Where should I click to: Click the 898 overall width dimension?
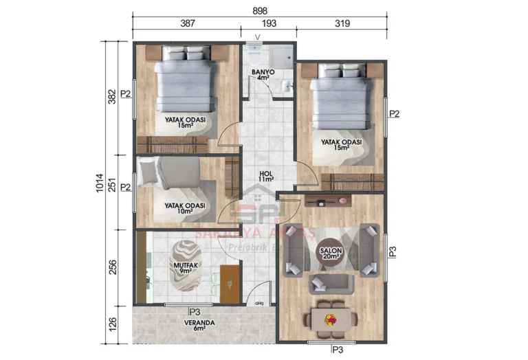click(260, 11)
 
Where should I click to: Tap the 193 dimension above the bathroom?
click(268, 23)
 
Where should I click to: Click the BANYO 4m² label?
click(263, 74)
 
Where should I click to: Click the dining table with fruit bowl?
click(332, 319)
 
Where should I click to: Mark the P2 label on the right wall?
click(394, 113)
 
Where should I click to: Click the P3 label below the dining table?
click(337, 350)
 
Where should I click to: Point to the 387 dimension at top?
click(188, 23)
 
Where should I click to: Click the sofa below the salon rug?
click(331, 282)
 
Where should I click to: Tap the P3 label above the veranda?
click(195, 311)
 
